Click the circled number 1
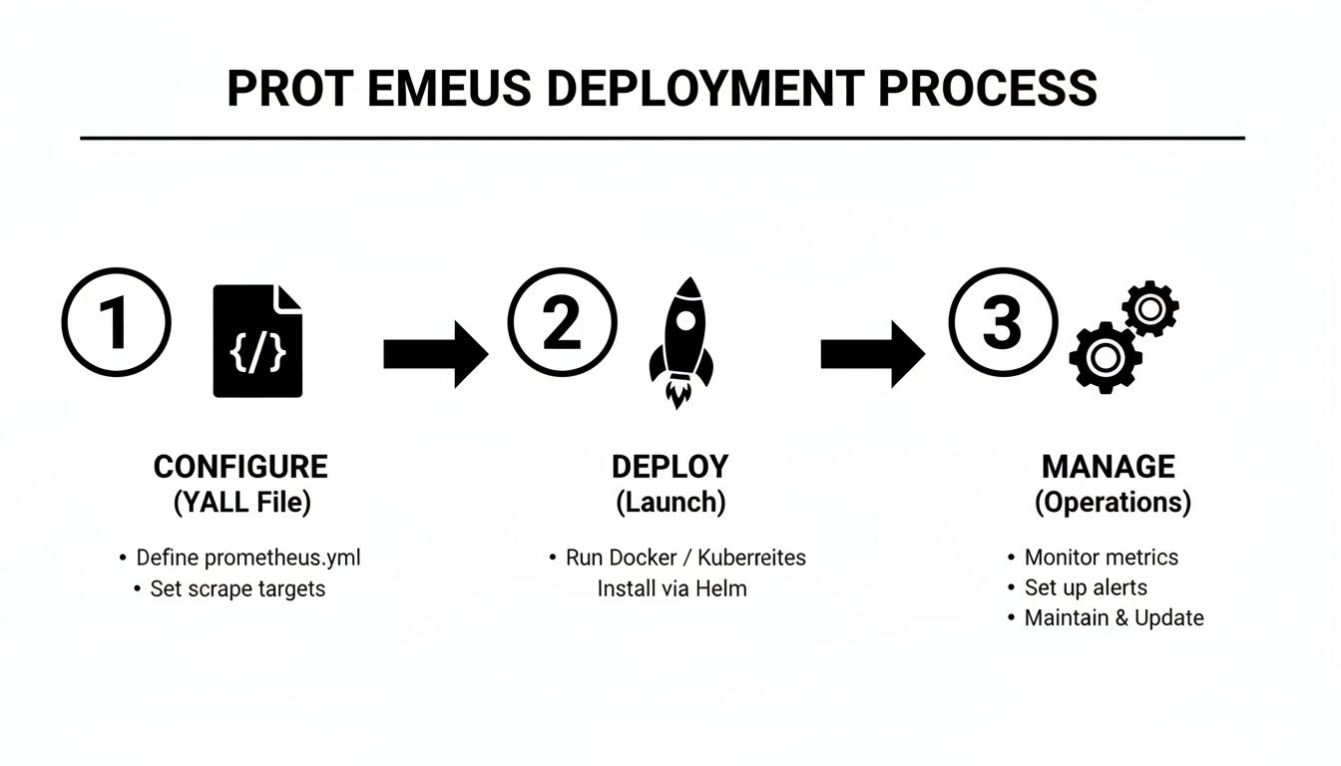[x=116, y=322]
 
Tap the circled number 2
[x=562, y=322]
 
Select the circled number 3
[x=1002, y=322]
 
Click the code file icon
[x=258, y=340]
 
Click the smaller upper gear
[x=1150, y=308]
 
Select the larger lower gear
[x=1105, y=358]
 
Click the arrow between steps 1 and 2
[x=435, y=353]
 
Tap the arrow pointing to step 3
[x=872, y=353]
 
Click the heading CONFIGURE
[x=240, y=467]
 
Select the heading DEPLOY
[x=670, y=467]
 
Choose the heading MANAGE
[x=1108, y=467]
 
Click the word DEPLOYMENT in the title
[x=703, y=89]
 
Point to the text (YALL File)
[x=242, y=503]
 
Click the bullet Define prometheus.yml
[x=247, y=558]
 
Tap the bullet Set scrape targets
[x=237, y=588]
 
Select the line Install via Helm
[x=671, y=588]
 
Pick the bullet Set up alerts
[x=1086, y=587]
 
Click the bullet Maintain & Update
[x=1114, y=618]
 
